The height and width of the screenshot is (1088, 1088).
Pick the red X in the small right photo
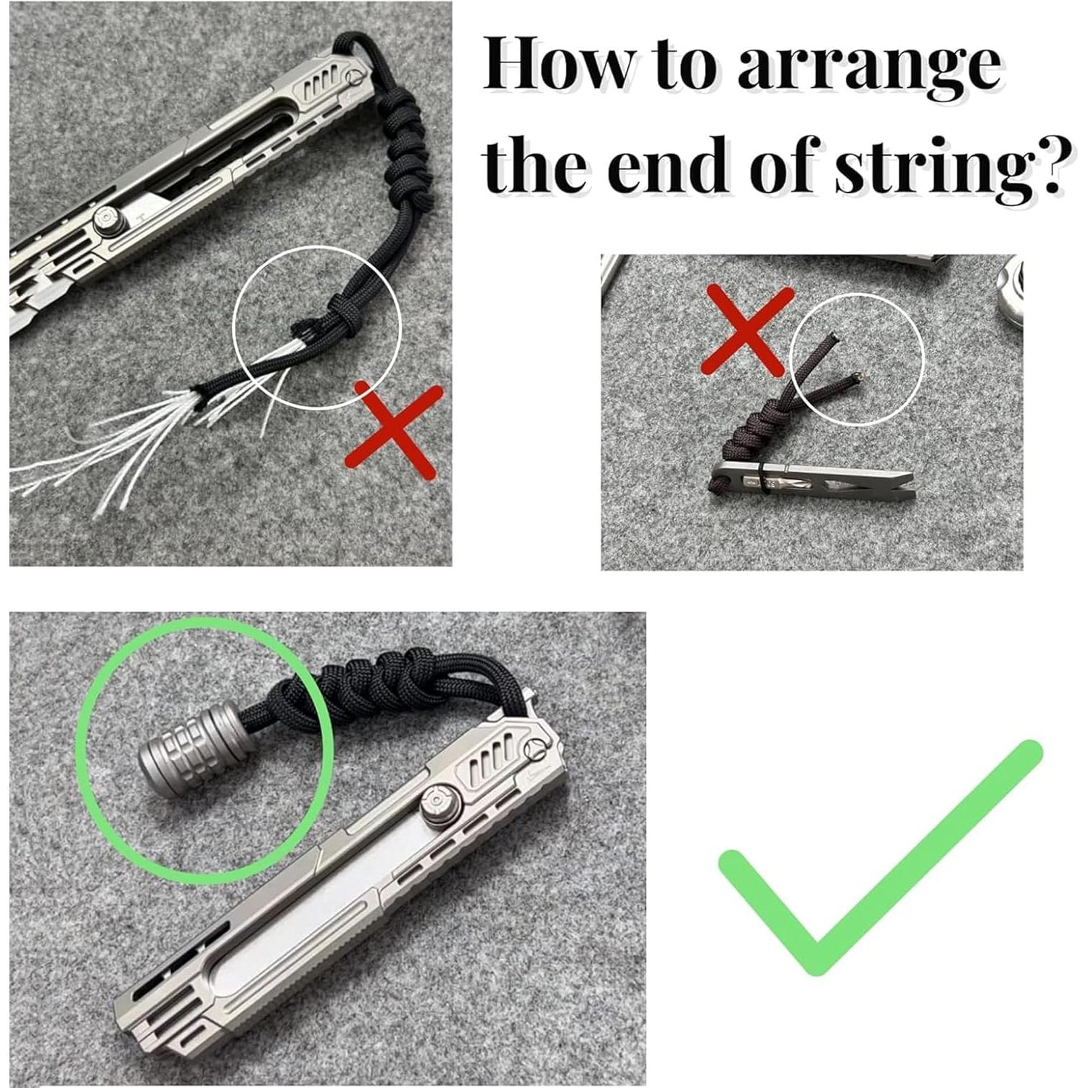[748, 330]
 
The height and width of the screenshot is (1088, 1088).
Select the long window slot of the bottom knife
[283, 936]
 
